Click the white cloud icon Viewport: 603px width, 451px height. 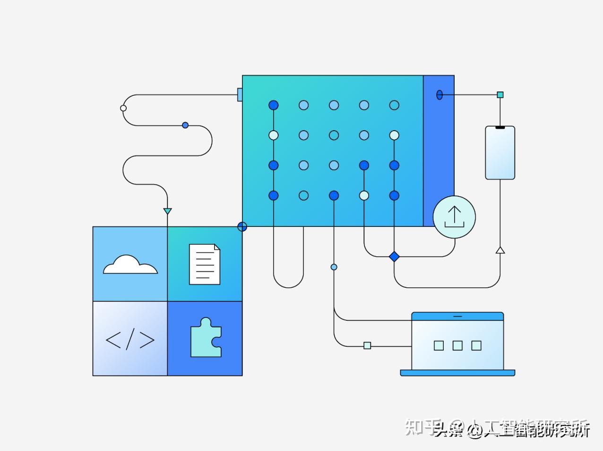coord(130,265)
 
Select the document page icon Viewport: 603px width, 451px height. coord(205,264)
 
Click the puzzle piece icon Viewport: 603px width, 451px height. coord(206,338)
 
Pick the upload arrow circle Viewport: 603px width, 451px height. coord(454,217)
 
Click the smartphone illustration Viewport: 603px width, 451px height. coord(500,153)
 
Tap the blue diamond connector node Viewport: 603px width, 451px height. coord(394,257)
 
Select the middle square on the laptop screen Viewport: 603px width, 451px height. coord(457,346)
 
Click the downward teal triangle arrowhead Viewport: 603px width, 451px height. coord(167,211)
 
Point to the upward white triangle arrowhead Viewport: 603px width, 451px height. coord(500,250)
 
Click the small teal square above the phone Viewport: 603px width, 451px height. coord(500,95)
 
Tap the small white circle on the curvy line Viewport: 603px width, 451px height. coord(123,108)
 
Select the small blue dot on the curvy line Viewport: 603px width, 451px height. coord(185,125)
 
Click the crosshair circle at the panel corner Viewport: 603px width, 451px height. coord(242,227)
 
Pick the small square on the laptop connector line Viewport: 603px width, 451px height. coord(367,346)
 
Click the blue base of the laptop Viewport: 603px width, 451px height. coord(457,373)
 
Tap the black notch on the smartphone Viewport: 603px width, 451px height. coord(500,127)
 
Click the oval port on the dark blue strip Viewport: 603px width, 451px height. coord(439,95)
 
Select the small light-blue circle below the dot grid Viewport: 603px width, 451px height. coord(334,267)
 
